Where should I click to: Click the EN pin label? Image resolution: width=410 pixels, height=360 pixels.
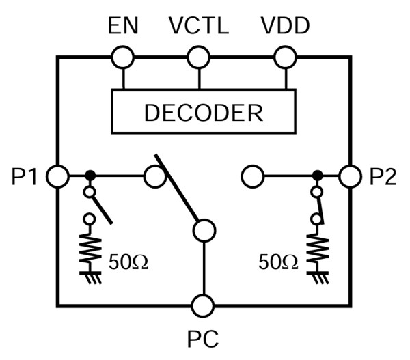123,27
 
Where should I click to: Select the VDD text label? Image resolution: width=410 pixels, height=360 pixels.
285,27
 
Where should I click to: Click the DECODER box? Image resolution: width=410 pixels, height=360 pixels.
203,111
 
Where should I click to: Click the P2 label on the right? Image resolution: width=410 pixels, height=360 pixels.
383,177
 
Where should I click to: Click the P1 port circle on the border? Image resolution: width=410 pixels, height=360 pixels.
57,177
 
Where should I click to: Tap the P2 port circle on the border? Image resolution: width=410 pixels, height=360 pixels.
350,176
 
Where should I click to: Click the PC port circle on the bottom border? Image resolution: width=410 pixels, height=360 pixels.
203,305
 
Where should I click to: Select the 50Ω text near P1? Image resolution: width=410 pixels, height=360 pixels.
128,262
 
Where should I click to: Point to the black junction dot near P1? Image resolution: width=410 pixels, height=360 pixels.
90,177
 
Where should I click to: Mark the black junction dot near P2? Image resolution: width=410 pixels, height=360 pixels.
316,176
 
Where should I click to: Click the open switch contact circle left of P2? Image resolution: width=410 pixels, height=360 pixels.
252,177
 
